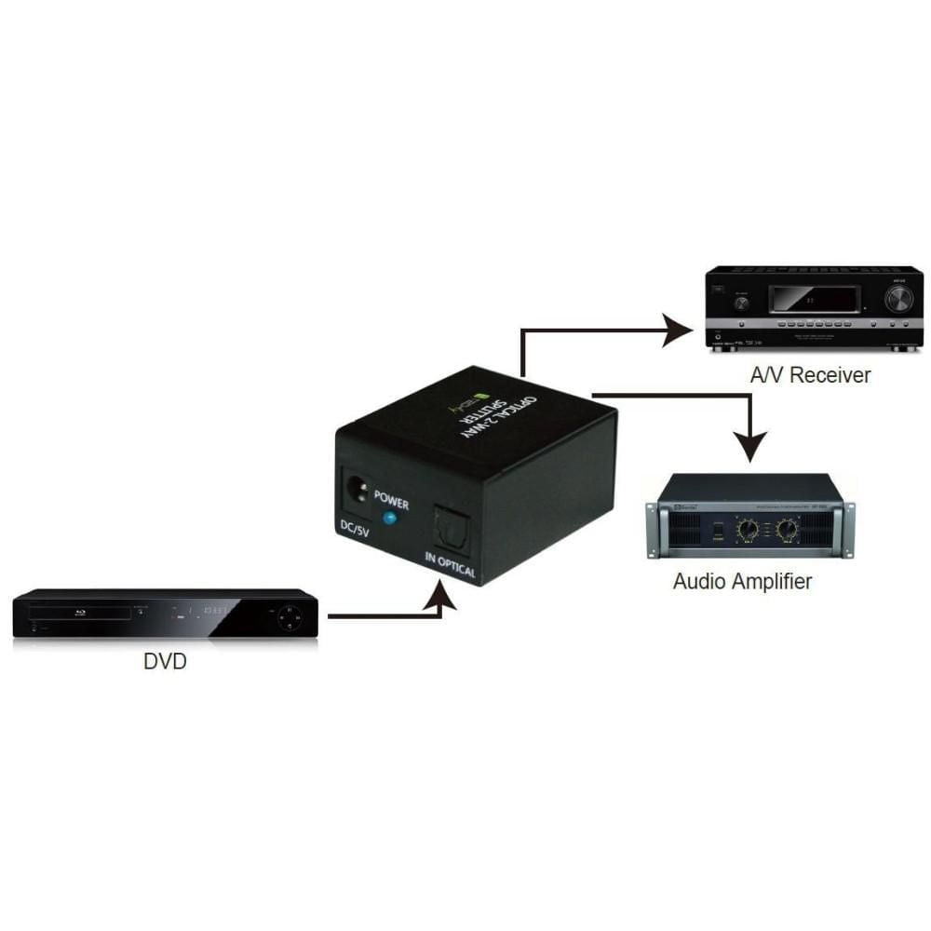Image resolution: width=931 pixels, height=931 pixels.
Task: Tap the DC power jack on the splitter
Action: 357,487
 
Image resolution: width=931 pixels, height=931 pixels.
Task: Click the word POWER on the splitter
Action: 392,495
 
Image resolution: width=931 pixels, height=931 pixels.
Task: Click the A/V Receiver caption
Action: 810,375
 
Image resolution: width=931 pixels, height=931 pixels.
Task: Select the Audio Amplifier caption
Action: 742,582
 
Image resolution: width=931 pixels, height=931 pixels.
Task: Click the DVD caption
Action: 165,662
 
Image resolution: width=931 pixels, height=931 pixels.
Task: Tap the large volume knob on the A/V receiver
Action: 898,298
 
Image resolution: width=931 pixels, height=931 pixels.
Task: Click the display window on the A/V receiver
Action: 812,299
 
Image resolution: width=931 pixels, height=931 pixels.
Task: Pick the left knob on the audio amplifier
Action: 747,531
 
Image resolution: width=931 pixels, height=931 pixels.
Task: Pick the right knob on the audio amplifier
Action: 788,531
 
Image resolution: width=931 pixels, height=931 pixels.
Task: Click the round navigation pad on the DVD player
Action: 289,614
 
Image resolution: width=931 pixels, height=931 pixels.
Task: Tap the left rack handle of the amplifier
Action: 653,531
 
